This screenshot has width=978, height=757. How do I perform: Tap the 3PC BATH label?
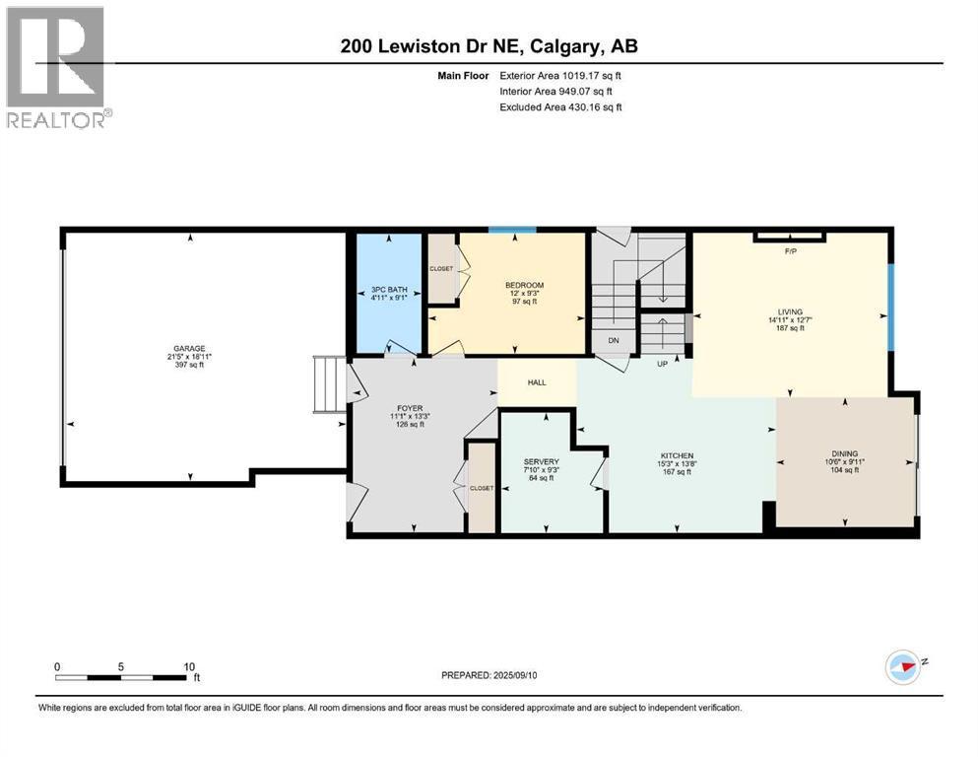pos(389,289)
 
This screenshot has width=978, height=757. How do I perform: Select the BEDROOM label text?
pos(523,285)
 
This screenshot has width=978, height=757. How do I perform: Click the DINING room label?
pos(844,453)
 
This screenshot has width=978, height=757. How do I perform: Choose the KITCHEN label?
pos(676,455)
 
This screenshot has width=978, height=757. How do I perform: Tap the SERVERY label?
pos(542,461)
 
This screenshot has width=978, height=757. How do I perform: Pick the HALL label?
pos(537,382)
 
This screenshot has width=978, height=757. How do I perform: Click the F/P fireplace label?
pos(789,251)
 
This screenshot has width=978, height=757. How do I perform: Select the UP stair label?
pos(664,363)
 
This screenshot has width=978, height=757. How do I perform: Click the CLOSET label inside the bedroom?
pos(441,267)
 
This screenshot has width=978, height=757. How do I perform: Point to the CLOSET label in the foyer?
pos(482,488)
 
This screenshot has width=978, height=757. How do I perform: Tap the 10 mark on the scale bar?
pos(189,665)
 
